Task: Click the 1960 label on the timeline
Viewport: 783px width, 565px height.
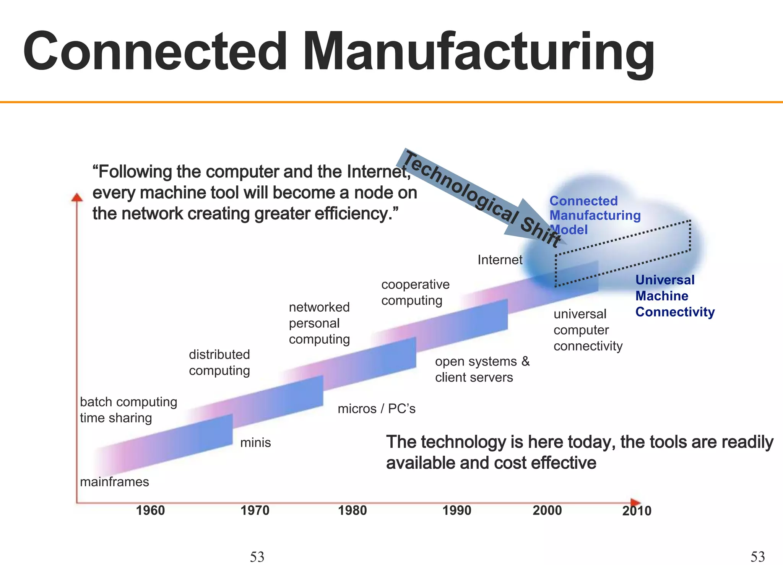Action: point(150,510)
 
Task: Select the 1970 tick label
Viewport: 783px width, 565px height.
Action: point(255,510)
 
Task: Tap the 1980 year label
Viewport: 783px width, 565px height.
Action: point(352,510)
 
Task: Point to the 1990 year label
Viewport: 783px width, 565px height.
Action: point(456,510)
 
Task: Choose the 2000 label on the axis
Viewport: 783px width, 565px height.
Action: point(547,510)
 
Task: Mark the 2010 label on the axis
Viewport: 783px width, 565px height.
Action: point(637,511)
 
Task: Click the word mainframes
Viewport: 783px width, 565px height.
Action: point(114,482)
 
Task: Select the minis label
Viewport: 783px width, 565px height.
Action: point(255,443)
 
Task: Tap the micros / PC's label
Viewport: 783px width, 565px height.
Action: point(376,409)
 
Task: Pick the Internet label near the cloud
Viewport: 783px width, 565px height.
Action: point(500,260)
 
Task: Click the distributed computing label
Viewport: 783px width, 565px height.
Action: point(219,362)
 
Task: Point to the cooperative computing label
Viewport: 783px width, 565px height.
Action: point(415,292)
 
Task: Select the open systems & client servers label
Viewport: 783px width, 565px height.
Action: point(482,369)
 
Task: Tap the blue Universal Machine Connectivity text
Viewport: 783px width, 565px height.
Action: point(675,296)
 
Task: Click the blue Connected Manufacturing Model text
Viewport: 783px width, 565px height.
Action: point(595,216)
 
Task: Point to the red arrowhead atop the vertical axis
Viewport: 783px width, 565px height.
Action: point(77,197)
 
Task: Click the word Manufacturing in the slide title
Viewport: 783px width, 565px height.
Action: point(478,52)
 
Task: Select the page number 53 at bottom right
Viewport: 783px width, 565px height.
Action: point(757,556)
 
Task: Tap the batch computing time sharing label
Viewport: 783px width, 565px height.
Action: point(128,410)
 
